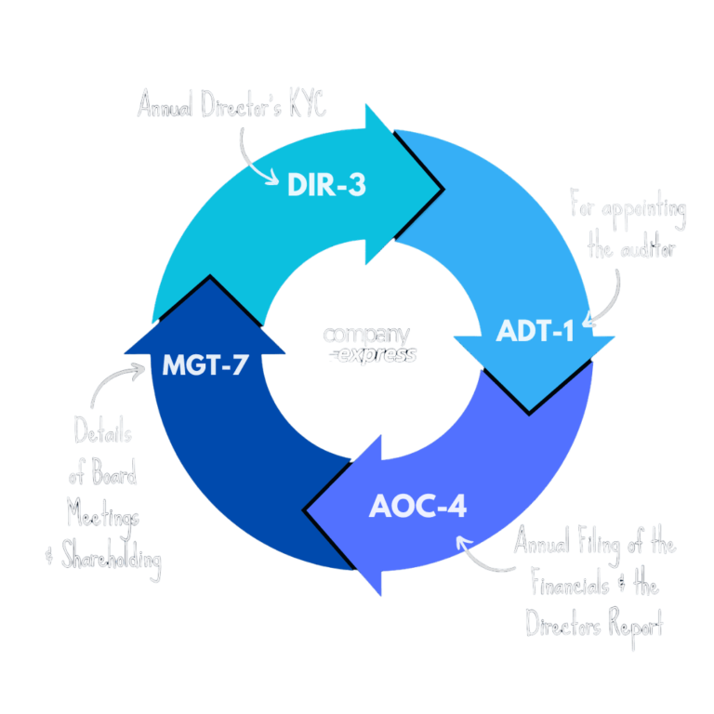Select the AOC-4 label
(x=417, y=508)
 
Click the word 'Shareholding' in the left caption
(x=110, y=560)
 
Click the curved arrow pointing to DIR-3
(x=251, y=153)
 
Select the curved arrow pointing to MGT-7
(x=110, y=381)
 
